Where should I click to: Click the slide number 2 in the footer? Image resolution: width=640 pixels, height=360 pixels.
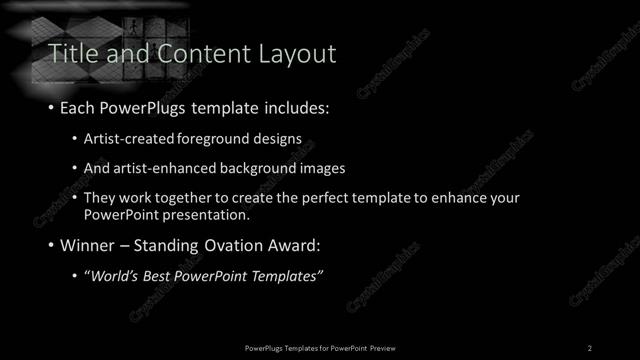(590, 347)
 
